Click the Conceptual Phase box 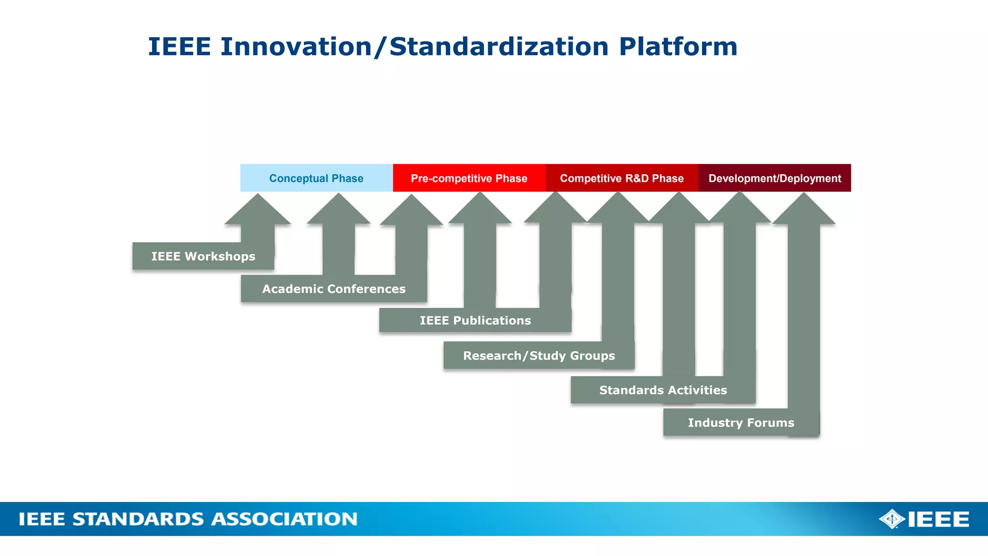tap(316, 178)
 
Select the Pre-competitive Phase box tap(469, 178)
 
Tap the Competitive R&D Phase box tap(622, 178)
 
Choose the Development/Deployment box tap(774, 178)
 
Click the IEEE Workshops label tap(203, 256)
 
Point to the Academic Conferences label tap(334, 289)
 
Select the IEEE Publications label tap(475, 320)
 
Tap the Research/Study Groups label tap(539, 356)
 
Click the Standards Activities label tap(663, 390)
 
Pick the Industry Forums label tap(741, 423)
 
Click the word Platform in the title tap(678, 47)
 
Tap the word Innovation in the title tap(296, 47)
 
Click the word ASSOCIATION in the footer tap(284, 519)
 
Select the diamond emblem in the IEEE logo tap(892, 519)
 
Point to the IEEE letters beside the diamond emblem tap(938, 519)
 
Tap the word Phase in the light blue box tap(347, 178)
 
